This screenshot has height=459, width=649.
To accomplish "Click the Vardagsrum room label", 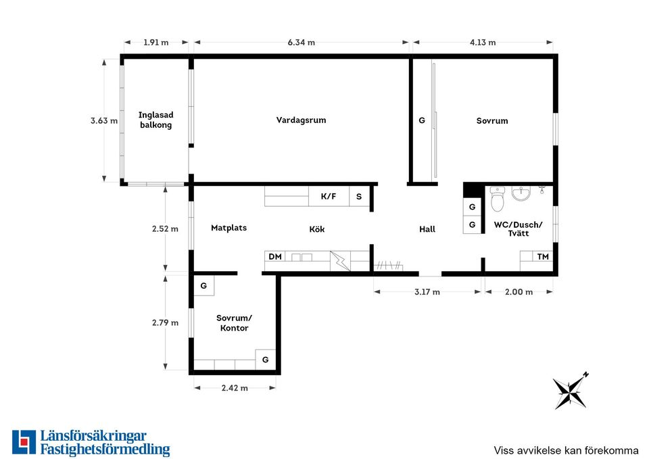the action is (301, 120).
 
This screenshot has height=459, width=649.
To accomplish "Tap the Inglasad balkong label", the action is (155, 120).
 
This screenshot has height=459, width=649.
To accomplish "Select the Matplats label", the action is (229, 228).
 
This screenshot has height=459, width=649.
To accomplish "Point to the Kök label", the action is (317, 229).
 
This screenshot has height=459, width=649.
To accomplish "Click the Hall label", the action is (427, 229).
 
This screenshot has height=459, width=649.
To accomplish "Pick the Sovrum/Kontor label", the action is (235, 323).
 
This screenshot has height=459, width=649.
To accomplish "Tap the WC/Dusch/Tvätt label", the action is (519, 228).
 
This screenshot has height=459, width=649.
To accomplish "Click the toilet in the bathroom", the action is (497, 199).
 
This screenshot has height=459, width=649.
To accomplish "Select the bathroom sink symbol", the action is (521, 193).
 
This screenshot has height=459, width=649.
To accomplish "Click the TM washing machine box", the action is (543, 257).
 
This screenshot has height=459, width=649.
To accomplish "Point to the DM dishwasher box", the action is (275, 257).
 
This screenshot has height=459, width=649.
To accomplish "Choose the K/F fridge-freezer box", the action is (329, 196).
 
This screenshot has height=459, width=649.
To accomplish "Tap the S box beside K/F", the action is (359, 196).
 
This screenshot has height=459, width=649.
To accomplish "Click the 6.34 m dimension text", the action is (302, 42).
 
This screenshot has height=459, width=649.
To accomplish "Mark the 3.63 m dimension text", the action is (104, 120).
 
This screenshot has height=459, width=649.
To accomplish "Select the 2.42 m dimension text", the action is (235, 388).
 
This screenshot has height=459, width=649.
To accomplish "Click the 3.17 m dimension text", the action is (427, 292).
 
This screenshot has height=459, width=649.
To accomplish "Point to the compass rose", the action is (571, 391).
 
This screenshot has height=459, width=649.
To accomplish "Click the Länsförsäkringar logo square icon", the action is (24, 442).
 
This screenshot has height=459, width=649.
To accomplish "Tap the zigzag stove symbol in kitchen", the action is (340, 261).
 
